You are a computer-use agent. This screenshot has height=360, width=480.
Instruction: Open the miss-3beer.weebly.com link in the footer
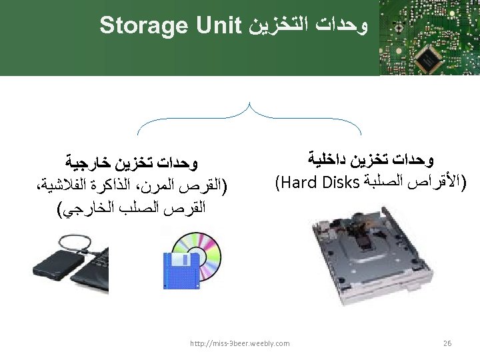click(239, 343)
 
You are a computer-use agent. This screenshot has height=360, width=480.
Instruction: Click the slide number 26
click(447, 343)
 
